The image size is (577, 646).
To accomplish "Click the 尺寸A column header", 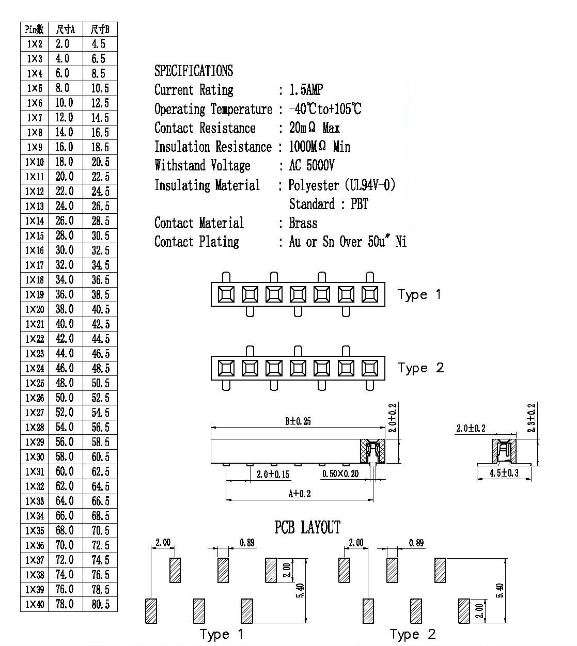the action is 66,29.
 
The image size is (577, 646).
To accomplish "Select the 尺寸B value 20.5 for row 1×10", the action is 101,162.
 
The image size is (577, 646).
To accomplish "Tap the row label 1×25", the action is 35,383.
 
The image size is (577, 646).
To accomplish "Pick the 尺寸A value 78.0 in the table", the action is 65,604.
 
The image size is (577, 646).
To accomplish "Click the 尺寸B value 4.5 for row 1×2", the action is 99,44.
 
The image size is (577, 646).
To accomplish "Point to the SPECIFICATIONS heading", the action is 194,71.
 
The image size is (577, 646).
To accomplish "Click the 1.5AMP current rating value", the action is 306,90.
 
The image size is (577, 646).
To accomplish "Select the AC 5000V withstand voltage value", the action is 311,165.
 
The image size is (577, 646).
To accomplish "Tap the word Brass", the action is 303,223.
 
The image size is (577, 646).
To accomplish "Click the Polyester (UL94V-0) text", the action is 342,185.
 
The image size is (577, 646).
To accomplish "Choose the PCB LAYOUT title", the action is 307,527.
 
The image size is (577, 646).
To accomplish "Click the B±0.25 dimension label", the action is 298,421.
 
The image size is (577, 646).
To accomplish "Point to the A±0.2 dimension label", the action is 300,494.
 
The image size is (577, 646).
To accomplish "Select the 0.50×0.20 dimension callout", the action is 340,474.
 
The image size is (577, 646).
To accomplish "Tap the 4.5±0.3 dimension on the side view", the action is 504,473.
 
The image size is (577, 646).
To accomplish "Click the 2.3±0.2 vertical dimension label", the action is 532,418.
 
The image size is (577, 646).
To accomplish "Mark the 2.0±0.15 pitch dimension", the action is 273,474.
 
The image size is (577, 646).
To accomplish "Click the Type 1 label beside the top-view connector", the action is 419,295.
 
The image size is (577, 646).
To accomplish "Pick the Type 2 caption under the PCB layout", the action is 413,635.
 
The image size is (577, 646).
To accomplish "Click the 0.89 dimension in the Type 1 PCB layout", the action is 247,542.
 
